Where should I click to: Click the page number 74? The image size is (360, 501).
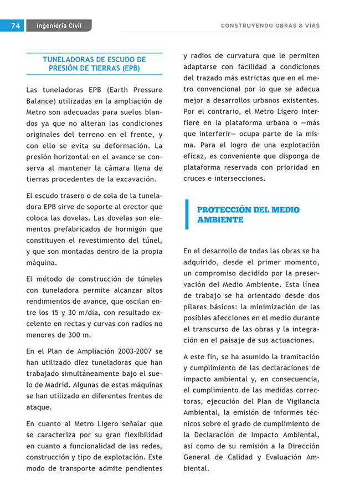15,25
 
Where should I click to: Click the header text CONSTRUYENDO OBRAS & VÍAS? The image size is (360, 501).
270,25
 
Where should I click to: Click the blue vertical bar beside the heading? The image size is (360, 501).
187,214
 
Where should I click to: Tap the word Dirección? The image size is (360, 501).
299,446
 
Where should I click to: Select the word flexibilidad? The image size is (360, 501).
135,434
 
